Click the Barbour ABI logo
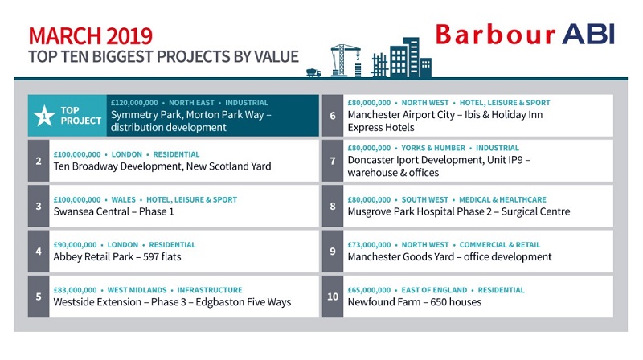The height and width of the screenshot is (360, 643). pyautogui.click(x=525, y=35)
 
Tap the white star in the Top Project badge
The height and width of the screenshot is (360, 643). pyautogui.click(x=44, y=116)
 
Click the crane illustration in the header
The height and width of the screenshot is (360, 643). pyautogui.click(x=346, y=59)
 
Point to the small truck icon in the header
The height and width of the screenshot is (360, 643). pyautogui.click(x=313, y=72)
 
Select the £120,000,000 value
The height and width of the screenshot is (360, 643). pyautogui.click(x=134, y=103)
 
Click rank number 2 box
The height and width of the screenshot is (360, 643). pyautogui.click(x=39, y=161)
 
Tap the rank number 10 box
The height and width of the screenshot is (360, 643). pyautogui.click(x=333, y=297)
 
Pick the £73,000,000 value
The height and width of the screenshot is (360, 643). pyautogui.click(x=369, y=245)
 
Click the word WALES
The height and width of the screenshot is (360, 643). pyautogui.click(x=124, y=199)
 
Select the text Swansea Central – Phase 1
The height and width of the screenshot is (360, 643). pyautogui.click(x=113, y=211)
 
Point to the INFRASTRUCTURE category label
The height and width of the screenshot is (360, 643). pyautogui.click(x=210, y=290)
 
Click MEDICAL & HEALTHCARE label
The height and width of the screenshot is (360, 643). pyautogui.click(x=502, y=199)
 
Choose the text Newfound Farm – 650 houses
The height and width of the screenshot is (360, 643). pyautogui.click(x=415, y=302)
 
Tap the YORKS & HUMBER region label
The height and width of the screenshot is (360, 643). pyautogui.click(x=433, y=148)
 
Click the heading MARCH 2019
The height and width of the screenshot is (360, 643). pyautogui.click(x=91, y=36)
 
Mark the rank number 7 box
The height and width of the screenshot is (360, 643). pyautogui.click(x=333, y=161)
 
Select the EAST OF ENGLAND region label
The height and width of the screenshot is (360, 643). pyautogui.click(x=434, y=290)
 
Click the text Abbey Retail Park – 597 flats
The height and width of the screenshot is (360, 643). pyautogui.click(x=117, y=256)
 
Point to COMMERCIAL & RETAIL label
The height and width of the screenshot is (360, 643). pyautogui.click(x=499, y=245)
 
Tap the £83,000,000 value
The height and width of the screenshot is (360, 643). pyautogui.click(x=75, y=290)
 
